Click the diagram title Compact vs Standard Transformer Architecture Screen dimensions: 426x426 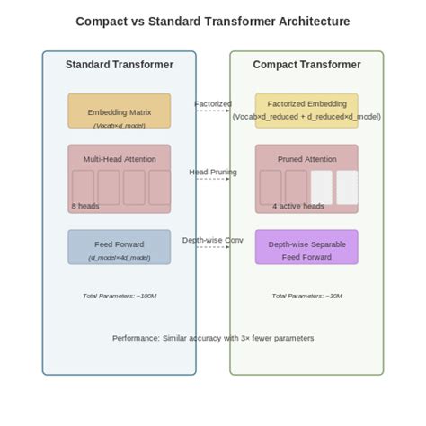pos(213,21)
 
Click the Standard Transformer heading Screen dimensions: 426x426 pos(120,65)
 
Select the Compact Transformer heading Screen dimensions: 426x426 pos(306,65)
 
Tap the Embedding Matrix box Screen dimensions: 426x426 pos(120,111)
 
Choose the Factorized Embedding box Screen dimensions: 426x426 pos(306,111)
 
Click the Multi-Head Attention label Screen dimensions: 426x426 pos(120,159)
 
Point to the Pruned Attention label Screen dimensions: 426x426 pos(306,159)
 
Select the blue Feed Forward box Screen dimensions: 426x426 pos(120,247)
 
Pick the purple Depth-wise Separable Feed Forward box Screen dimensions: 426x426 pos(306,247)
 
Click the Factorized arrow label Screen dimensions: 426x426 pos(213,104)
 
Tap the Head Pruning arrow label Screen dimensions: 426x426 pos(213,172)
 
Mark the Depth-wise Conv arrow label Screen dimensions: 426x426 pos(213,240)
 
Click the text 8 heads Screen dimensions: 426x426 pos(86,206)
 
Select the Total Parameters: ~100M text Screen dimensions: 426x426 pos(120,296)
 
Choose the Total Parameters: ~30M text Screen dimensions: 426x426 pos(306,296)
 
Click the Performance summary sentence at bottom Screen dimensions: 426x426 pos(213,338)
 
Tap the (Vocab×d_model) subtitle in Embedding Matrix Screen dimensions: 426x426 pos(120,126)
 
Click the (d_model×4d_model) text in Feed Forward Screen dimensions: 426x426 pos(120,258)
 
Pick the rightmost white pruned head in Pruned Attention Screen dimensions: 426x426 pos(347,187)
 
